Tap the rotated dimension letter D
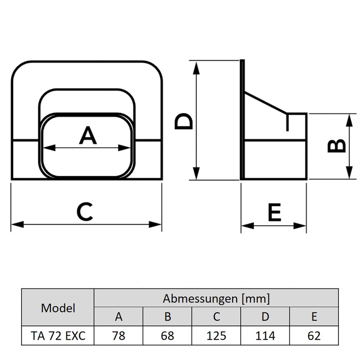click(x=184, y=121)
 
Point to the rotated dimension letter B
click(x=336, y=145)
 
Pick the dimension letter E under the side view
click(x=274, y=212)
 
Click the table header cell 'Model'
click(x=58, y=308)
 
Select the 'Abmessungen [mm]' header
click(x=216, y=298)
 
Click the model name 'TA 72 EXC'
click(x=58, y=336)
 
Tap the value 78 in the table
click(x=119, y=336)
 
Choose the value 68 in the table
click(x=167, y=336)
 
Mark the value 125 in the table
click(x=216, y=336)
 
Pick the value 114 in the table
click(x=265, y=336)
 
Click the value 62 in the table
click(x=314, y=336)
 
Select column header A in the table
click(x=119, y=317)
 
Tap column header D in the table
click(x=265, y=317)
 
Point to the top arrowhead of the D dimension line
click(x=197, y=66)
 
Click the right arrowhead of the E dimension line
click(x=304, y=225)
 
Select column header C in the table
click(x=216, y=317)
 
